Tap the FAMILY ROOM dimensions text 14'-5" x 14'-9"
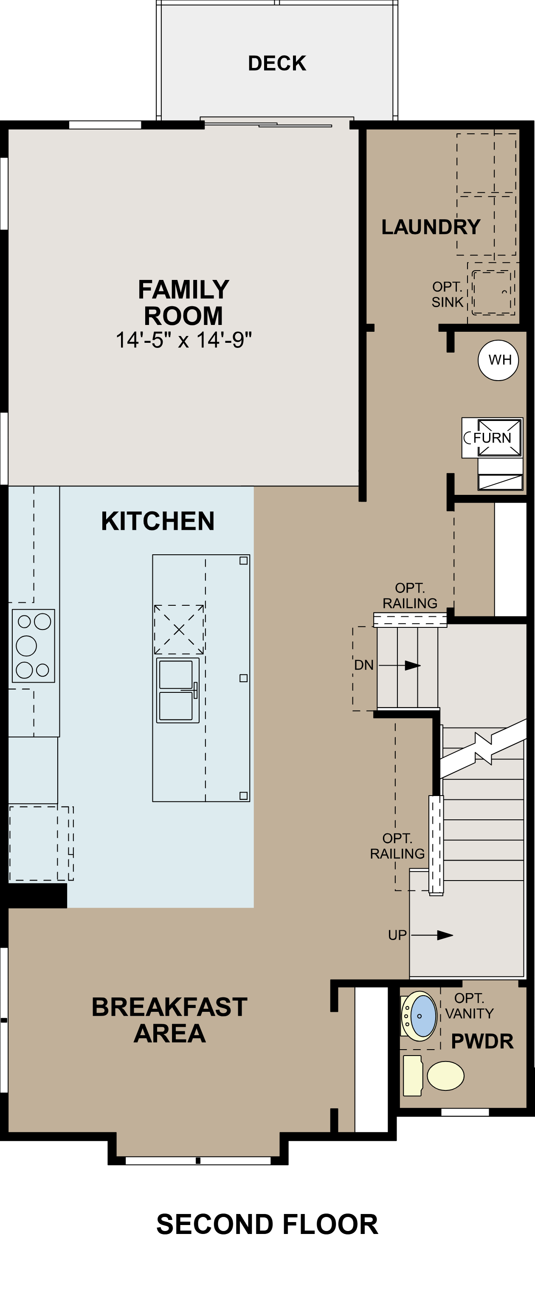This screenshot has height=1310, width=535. [183, 340]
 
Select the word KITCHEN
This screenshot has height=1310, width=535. [158, 521]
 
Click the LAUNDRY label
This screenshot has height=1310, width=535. [431, 227]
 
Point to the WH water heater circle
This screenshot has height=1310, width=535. [498, 360]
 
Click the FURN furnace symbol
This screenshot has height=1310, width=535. [492, 438]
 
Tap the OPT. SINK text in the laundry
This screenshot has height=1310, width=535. [448, 294]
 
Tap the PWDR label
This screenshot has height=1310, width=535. [482, 1041]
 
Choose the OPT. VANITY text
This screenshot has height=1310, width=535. [469, 1006]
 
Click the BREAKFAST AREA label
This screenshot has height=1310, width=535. [169, 1019]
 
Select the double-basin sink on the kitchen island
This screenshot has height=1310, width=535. [177, 690]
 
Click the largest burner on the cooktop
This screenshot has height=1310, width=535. [26, 645]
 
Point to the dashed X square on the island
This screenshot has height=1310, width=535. [179, 630]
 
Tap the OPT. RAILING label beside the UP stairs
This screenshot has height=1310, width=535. [397, 846]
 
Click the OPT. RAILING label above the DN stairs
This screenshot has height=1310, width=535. [410, 596]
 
